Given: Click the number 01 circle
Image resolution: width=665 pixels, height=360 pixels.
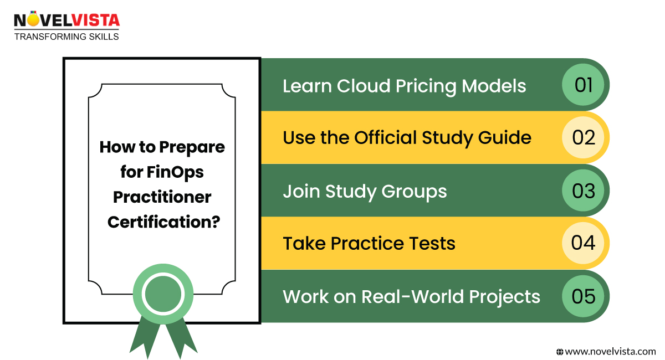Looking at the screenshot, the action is [x=583, y=85].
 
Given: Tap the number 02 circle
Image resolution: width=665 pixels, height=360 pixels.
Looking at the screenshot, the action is [x=583, y=137].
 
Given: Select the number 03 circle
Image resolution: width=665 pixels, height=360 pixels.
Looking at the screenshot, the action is [x=583, y=191].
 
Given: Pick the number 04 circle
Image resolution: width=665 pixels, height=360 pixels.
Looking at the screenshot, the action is [x=583, y=243].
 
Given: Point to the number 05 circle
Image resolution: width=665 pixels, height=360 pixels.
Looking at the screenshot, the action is [x=583, y=296].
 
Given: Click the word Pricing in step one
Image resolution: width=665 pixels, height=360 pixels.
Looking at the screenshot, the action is [x=426, y=87].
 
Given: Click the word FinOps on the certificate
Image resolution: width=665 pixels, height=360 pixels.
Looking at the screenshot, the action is [x=175, y=172].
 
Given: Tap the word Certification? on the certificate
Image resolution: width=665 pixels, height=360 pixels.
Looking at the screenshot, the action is [x=163, y=222].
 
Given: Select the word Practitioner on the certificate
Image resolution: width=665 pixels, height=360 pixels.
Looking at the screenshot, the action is [x=162, y=197].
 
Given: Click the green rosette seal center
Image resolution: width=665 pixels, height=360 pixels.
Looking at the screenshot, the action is [x=163, y=294].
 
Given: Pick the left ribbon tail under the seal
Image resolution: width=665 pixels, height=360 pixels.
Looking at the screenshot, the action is [x=145, y=337].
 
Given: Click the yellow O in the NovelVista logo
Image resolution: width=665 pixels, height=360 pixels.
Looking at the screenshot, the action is [x=33, y=19].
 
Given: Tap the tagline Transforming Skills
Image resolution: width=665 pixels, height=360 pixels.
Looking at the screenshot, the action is [x=66, y=37].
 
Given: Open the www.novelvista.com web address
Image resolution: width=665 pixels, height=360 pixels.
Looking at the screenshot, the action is [x=610, y=352].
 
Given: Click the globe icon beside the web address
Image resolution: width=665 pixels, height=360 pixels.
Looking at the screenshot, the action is [x=560, y=352].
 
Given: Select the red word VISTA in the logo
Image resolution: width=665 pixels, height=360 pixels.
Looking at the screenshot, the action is [x=96, y=20].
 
